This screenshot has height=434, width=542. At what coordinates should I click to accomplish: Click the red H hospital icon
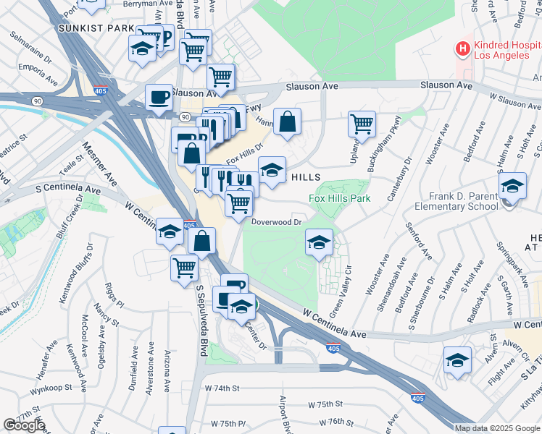(462, 49)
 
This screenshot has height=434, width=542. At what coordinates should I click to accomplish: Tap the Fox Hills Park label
(339, 198)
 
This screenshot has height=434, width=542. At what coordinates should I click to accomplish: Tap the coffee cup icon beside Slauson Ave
(159, 96)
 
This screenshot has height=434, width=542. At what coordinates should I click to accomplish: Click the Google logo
(23, 425)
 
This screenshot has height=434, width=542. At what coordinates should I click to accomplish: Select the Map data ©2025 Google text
(496, 428)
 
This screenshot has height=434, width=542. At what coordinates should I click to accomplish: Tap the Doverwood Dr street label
(276, 223)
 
